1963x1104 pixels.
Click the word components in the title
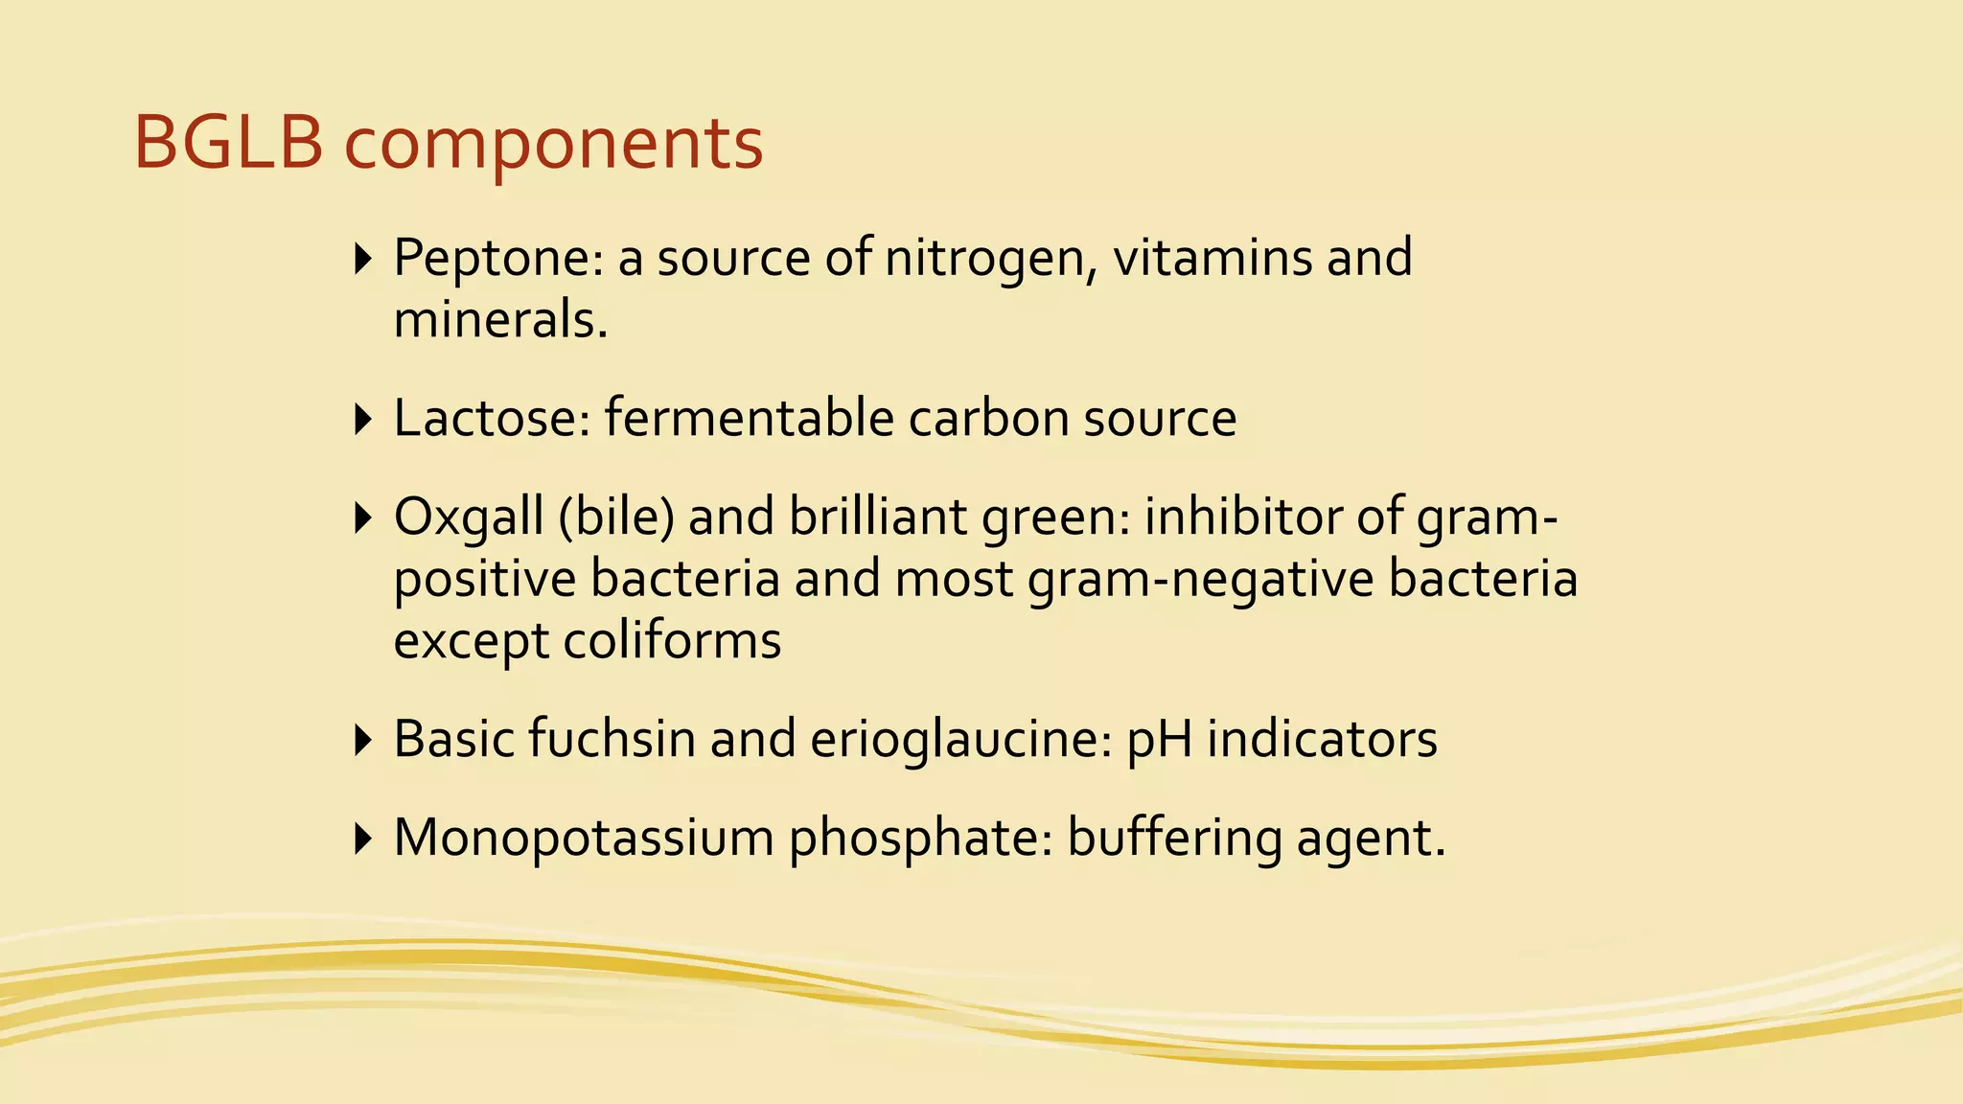pos(553,146)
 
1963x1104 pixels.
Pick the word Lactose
pos(492,418)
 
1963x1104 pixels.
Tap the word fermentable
pos(749,418)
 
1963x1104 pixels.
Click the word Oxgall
pos(469,517)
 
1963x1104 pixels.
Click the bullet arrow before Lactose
pos(362,419)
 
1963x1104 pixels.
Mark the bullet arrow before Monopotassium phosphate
pos(362,839)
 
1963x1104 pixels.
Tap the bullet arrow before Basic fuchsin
pos(362,740)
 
